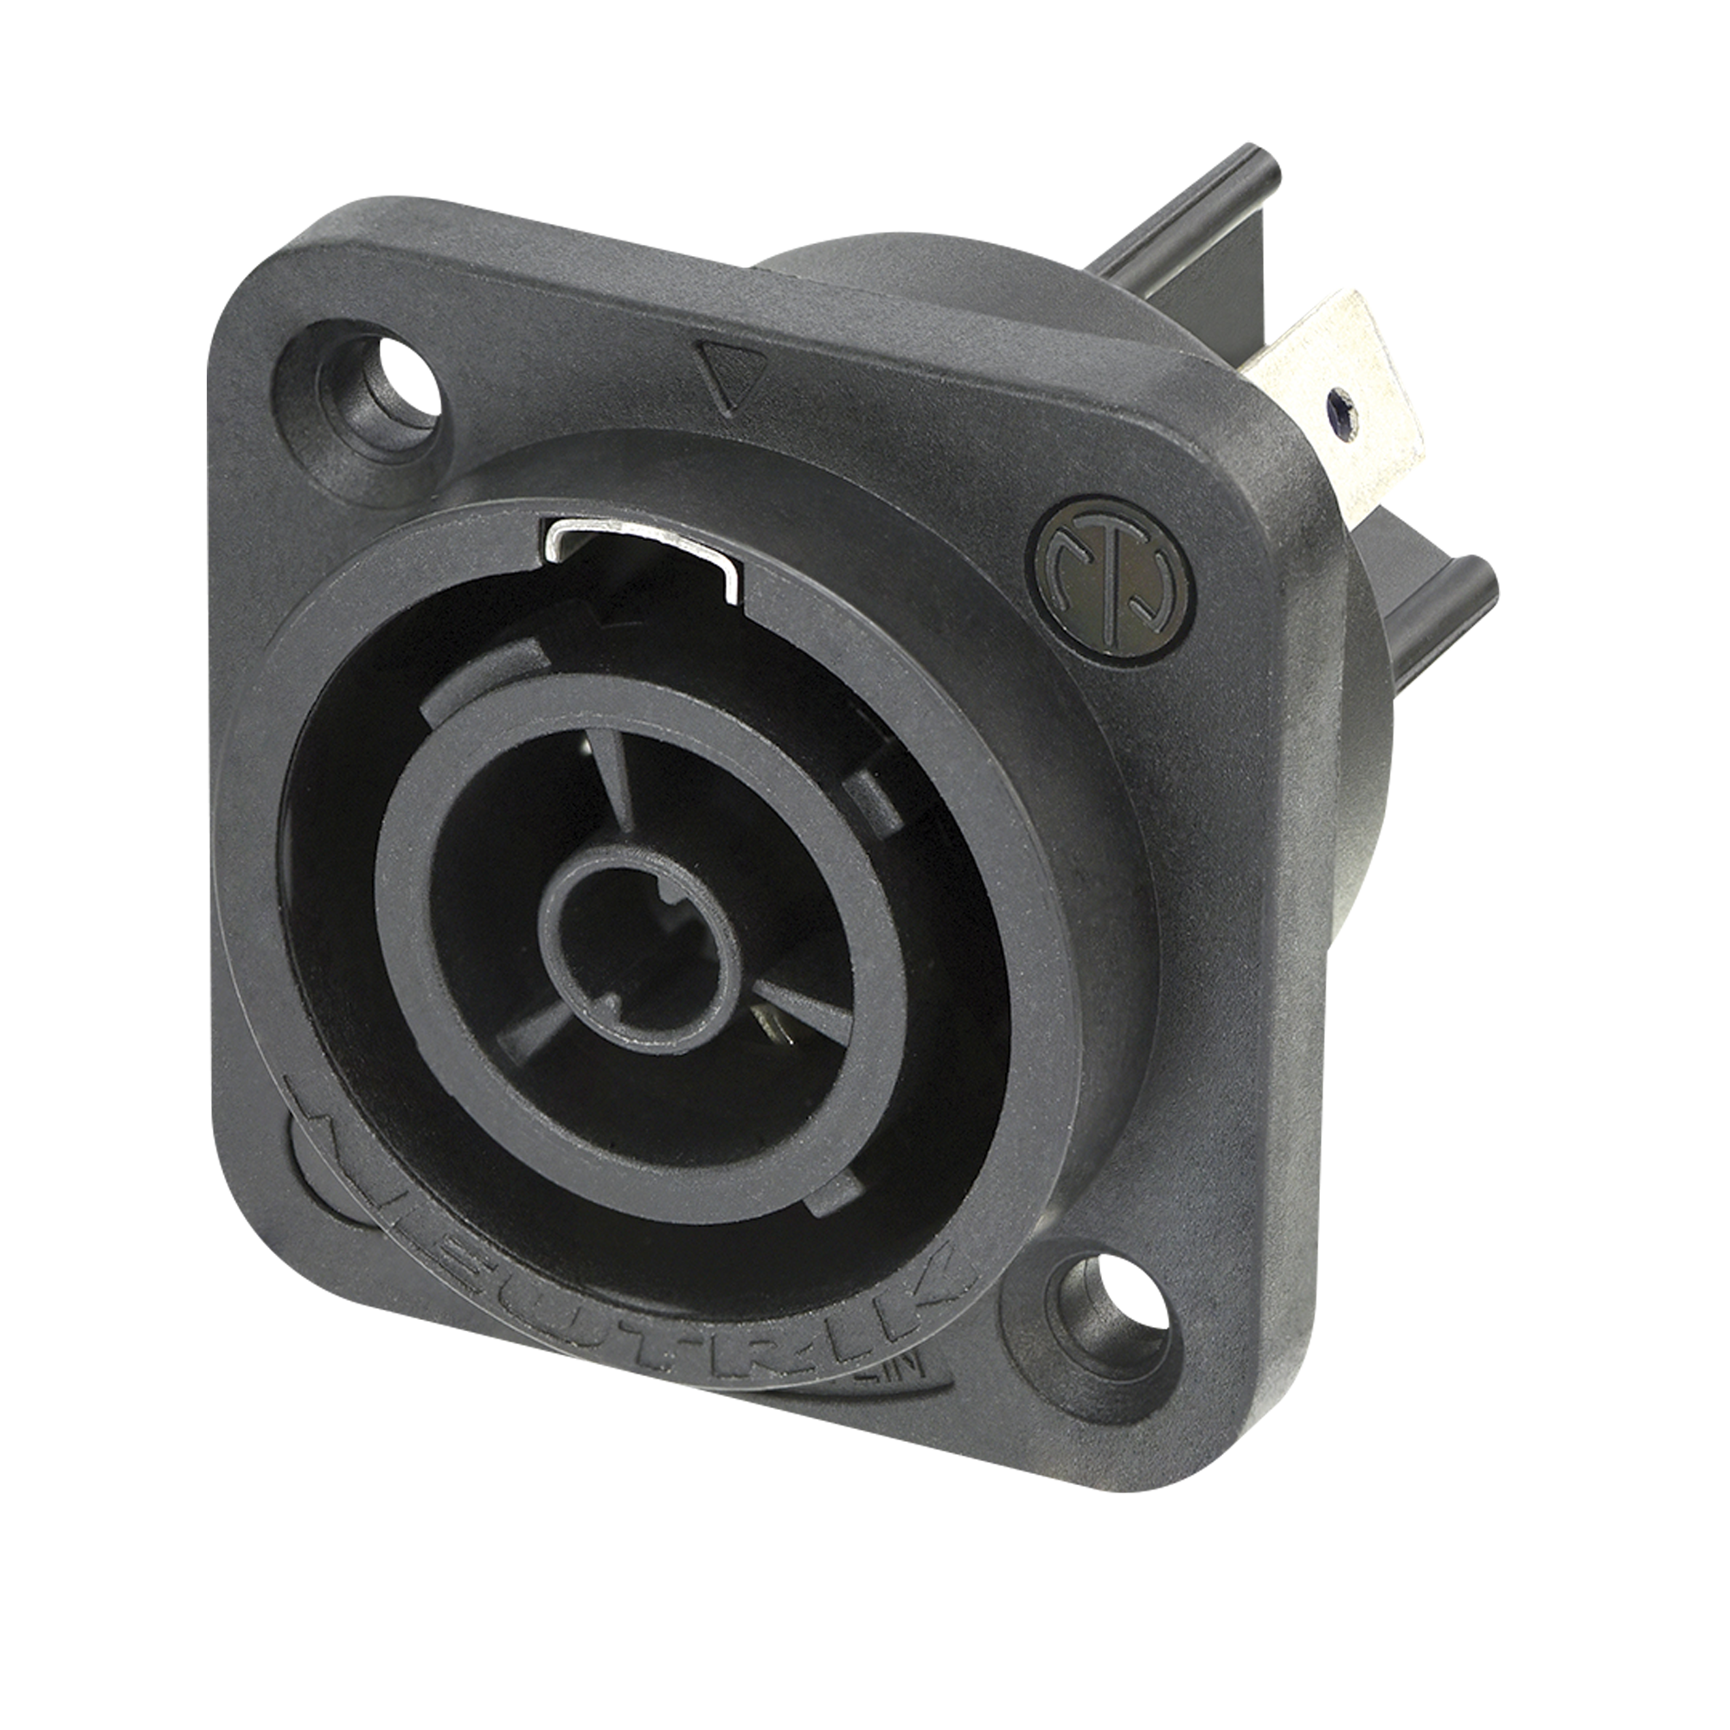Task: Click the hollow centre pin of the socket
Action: click(641, 959)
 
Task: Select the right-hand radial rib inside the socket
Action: click(806, 1009)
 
